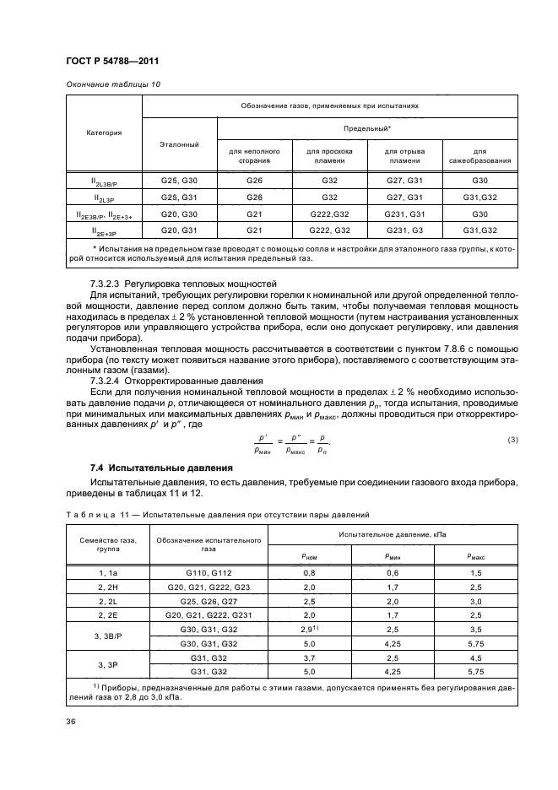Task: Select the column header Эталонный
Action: click(x=179, y=144)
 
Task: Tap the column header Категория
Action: click(x=104, y=132)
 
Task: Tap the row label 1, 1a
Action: click(x=103, y=572)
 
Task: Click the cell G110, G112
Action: click(x=208, y=572)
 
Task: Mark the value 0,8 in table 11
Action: click(x=309, y=572)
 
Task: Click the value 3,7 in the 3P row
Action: click(x=309, y=658)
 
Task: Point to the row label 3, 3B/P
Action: click(x=103, y=636)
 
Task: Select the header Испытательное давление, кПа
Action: click(x=392, y=535)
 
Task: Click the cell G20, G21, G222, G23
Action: click(x=208, y=587)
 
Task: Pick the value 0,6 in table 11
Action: click(x=392, y=572)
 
